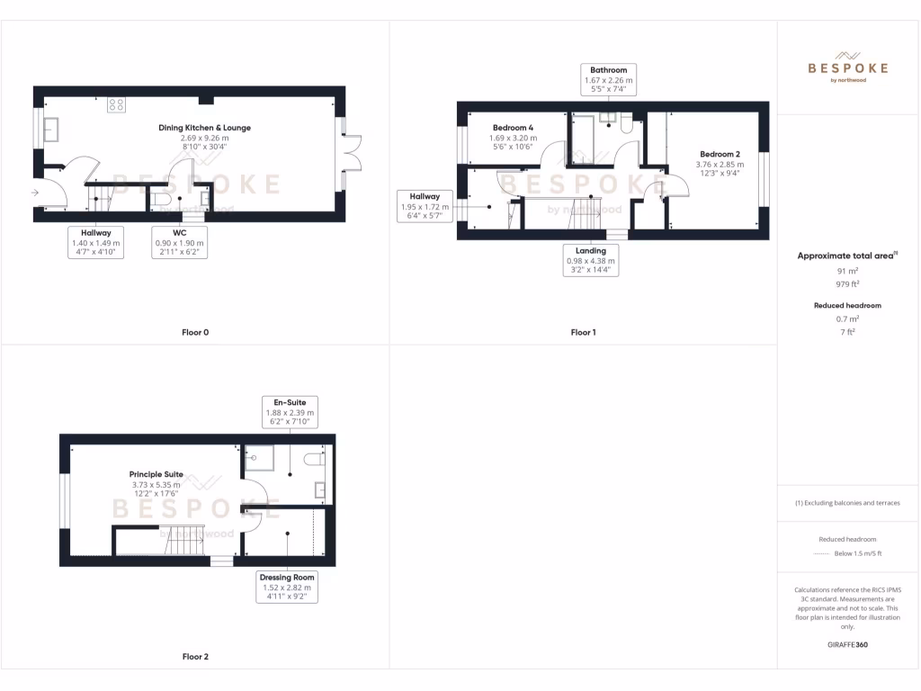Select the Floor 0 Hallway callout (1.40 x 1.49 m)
(x=96, y=242)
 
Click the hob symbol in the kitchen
(x=116, y=104)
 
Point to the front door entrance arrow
(x=35, y=192)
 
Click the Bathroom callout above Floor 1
(x=609, y=80)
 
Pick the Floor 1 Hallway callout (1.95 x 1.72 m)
(x=425, y=206)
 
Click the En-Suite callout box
(x=290, y=412)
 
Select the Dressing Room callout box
(x=286, y=587)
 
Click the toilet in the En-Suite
(x=313, y=460)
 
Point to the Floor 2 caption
(x=195, y=657)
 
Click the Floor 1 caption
(x=583, y=332)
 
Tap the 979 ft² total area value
(x=847, y=284)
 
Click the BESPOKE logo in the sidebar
(x=847, y=67)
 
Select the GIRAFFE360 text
(x=847, y=644)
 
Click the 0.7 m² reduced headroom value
(x=847, y=319)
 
